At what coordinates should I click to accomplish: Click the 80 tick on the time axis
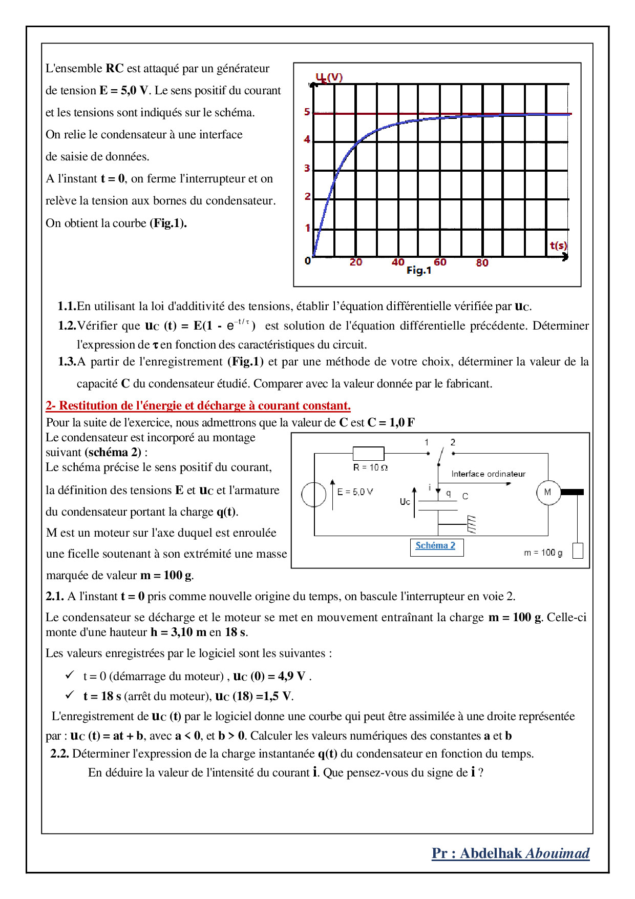click(482, 263)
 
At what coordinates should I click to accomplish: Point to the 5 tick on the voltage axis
click(307, 112)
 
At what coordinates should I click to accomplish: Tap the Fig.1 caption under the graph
click(419, 271)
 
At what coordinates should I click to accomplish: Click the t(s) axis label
click(558, 246)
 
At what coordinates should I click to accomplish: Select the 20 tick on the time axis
click(356, 262)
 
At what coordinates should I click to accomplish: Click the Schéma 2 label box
click(436, 546)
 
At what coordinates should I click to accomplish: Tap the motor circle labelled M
click(548, 493)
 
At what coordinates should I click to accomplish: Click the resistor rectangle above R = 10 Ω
click(368, 454)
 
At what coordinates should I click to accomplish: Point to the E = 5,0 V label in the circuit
click(355, 492)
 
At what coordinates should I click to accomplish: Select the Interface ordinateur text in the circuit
click(488, 474)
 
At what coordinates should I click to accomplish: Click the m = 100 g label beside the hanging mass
click(543, 553)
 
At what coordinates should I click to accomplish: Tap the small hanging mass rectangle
click(578, 550)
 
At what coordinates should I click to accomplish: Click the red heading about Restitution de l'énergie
click(198, 406)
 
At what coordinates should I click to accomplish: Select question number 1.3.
click(67, 362)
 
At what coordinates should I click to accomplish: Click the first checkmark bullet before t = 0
click(70, 676)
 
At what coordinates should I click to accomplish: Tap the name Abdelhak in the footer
click(491, 853)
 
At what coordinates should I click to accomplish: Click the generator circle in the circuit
click(313, 495)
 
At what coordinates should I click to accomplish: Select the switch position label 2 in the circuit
click(453, 442)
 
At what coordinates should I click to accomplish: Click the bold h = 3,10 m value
click(178, 632)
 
